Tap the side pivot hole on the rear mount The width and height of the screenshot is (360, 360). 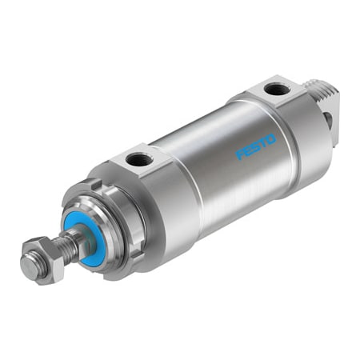(x=327, y=120)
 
